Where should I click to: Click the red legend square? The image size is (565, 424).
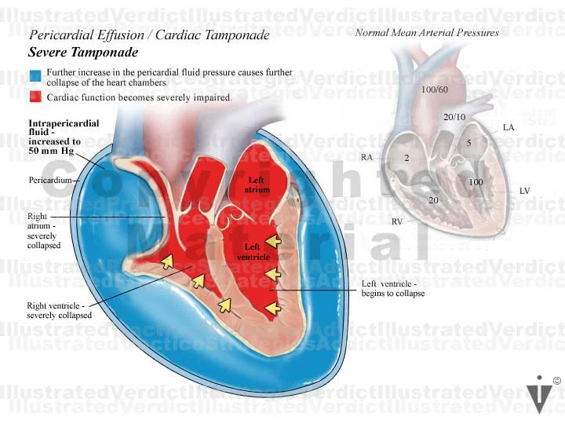tap(35, 97)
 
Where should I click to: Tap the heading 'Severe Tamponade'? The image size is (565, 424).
tap(83, 53)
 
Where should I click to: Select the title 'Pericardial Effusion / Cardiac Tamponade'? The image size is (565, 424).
tap(149, 35)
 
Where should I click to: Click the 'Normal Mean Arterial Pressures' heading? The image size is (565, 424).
tap(426, 32)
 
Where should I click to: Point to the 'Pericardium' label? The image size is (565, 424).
tap(49, 181)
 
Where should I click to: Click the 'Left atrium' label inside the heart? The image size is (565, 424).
tap(259, 185)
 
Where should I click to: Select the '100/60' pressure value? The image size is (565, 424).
tap(434, 90)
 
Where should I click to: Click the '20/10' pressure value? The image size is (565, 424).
tap(454, 117)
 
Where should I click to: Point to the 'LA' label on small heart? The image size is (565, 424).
tap(508, 127)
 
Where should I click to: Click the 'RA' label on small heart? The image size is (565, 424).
tap(366, 157)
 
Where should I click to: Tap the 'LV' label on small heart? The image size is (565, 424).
tap(524, 191)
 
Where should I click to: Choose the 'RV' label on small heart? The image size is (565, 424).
tap(397, 222)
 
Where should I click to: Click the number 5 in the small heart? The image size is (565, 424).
tap(468, 143)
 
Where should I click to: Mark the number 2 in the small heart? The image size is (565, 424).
tap(406, 158)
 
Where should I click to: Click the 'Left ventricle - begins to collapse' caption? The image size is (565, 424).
tap(392, 288)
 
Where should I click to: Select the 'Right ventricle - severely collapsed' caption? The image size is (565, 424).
tap(59, 310)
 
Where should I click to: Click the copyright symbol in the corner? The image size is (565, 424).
tap(556, 381)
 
